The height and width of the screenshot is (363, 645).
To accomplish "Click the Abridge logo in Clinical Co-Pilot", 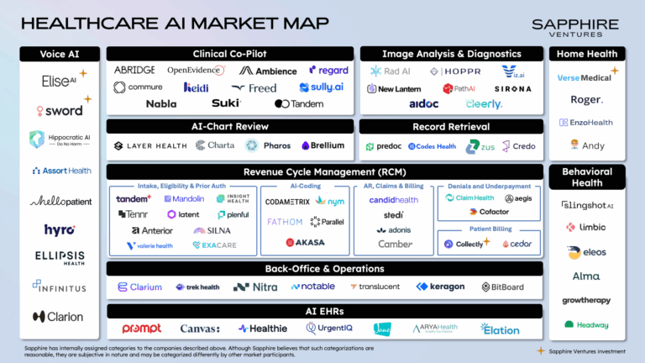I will pos(134,71).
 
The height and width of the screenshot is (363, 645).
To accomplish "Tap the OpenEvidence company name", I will pos(194,71).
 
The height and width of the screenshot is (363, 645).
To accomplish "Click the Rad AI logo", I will pos(389,71).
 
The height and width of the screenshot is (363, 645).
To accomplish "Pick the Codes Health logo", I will pos(432,146).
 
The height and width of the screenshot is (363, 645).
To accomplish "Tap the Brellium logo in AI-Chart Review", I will pos(323,145).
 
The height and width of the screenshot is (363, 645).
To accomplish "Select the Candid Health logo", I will pos(393,200).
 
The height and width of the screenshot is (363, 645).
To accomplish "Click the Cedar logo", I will pos(517,244).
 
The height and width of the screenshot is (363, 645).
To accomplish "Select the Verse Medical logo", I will pos(587,77).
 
